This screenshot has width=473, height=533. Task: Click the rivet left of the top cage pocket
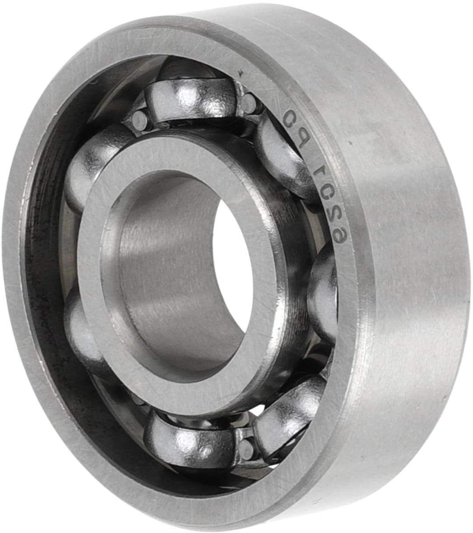(139, 120)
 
